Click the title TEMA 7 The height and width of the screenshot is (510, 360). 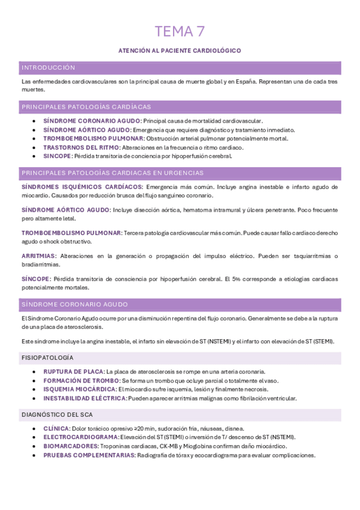coord(180,31)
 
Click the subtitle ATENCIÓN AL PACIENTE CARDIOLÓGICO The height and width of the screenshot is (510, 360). coord(180,51)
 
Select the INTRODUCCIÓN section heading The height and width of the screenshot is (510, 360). coord(48,68)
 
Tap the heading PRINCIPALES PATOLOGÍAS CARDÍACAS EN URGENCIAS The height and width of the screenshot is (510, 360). coord(112,173)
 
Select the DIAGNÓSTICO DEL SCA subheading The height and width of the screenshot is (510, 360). coord(57,415)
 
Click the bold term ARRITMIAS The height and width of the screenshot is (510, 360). coord(38,256)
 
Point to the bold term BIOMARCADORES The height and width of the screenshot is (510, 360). coord(70,446)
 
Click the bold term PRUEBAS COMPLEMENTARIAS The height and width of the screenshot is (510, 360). coord(89,455)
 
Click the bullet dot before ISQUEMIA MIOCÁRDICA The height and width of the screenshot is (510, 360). coord(35,390)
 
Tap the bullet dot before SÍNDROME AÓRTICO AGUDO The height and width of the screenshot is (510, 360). coord(35,130)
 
